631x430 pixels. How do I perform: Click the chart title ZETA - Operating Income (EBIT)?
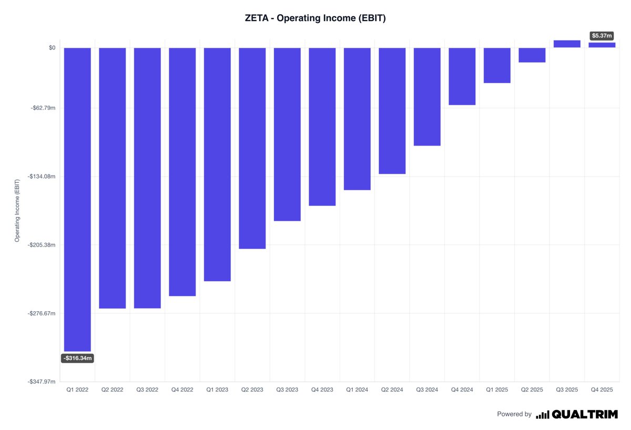[x=315, y=18]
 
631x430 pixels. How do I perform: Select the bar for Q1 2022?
[x=77, y=199]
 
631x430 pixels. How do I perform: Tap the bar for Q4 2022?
[x=182, y=172]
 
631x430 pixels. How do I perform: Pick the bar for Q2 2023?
[x=252, y=148]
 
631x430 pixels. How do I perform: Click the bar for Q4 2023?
[x=322, y=127]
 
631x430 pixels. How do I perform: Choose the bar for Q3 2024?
[x=427, y=97]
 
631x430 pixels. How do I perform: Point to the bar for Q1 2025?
[x=497, y=65]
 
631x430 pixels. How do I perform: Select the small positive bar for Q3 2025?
[x=567, y=44]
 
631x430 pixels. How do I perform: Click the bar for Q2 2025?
[x=532, y=55]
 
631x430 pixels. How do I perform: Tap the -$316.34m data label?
[x=78, y=359]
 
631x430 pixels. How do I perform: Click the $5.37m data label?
[x=602, y=36]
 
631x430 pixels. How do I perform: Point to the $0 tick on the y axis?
[x=52, y=48]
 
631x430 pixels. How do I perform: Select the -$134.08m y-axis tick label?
[x=42, y=177]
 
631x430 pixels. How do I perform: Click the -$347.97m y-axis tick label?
[x=42, y=382]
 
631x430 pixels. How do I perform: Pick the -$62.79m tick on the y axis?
[x=43, y=108]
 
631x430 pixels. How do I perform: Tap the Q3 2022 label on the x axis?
[x=147, y=390]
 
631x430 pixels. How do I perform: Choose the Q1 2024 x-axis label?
[x=357, y=390]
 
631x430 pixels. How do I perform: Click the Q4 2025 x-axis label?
[x=602, y=390]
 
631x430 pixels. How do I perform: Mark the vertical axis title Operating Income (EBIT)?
[x=17, y=210]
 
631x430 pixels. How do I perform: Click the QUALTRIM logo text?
[x=585, y=414]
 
